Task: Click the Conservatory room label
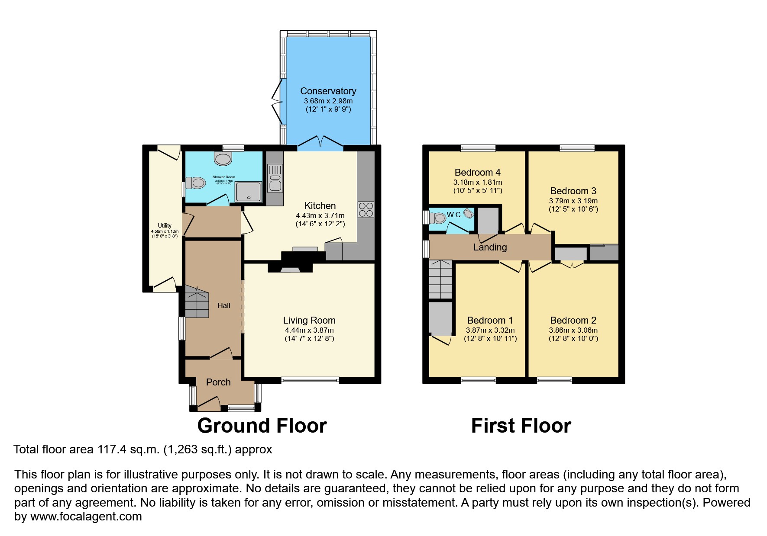click(328, 91)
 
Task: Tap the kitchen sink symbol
click(275, 178)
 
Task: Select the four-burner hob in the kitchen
click(366, 210)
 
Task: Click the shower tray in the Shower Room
click(249, 192)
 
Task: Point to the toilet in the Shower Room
click(195, 183)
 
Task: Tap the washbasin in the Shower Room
click(223, 159)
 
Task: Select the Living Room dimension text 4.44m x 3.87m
click(309, 330)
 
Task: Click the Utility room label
click(165, 226)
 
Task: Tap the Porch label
click(218, 382)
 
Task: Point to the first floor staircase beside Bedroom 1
click(440, 279)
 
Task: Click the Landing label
click(490, 247)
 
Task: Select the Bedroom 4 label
click(477, 173)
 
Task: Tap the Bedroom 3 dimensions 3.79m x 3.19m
click(573, 201)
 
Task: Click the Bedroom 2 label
click(573, 321)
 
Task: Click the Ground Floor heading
click(262, 426)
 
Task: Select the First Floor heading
click(521, 426)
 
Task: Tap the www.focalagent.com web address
click(86, 517)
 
